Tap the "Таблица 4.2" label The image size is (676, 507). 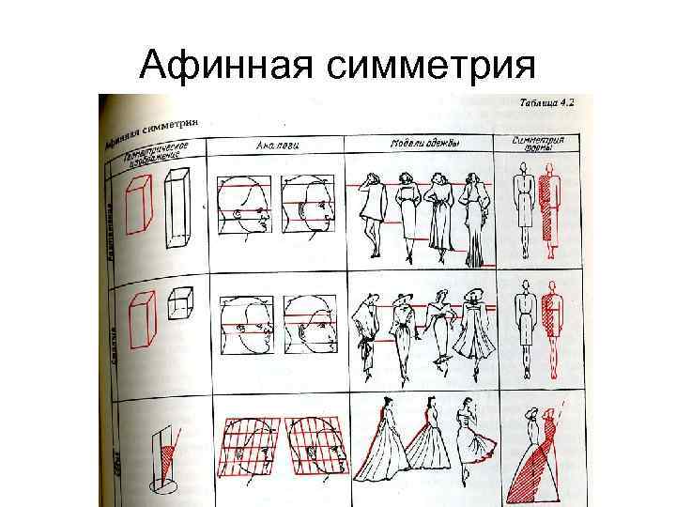(x=545, y=102)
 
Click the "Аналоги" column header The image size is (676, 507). (x=280, y=146)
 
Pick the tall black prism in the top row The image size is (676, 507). (x=177, y=208)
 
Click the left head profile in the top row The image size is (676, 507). (x=244, y=206)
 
